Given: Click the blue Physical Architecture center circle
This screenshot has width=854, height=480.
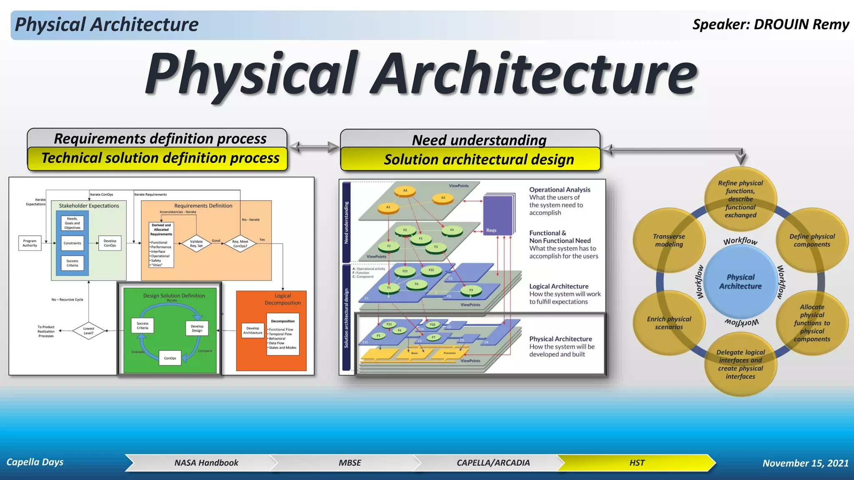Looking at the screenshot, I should [740, 282].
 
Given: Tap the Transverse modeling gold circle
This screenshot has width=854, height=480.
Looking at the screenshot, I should [669, 240].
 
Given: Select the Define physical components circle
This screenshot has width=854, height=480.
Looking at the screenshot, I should [812, 240].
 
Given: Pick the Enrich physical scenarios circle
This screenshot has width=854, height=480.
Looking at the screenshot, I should [669, 323].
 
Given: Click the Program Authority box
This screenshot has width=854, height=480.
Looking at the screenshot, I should [30, 243].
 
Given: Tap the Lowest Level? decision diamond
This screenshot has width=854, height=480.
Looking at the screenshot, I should [88, 331].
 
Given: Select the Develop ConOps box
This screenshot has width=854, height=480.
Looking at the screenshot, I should [110, 243].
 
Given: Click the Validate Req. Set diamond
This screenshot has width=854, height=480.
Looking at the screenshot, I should [196, 243].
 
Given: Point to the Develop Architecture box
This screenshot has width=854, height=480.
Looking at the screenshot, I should [253, 330].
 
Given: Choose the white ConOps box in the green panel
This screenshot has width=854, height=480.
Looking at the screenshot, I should [170, 358].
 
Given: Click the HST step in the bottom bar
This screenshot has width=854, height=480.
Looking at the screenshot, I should [636, 463].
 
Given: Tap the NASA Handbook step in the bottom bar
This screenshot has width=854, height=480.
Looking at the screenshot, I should [206, 463].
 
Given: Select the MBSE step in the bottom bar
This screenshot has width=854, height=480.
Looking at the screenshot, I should [349, 463].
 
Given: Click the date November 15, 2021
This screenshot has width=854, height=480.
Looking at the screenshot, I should [805, 463].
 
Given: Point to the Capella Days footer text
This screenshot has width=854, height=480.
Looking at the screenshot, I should [35, 462].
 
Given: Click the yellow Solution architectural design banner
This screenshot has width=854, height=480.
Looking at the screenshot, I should [479, 160].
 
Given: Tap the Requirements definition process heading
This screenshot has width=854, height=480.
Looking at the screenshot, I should [160, 138].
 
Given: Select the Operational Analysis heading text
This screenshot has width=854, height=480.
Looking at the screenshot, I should [560, 190].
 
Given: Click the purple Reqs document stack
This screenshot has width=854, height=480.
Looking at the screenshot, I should [499, 214].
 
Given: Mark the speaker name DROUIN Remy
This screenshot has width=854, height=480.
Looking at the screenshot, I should [801, 25].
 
